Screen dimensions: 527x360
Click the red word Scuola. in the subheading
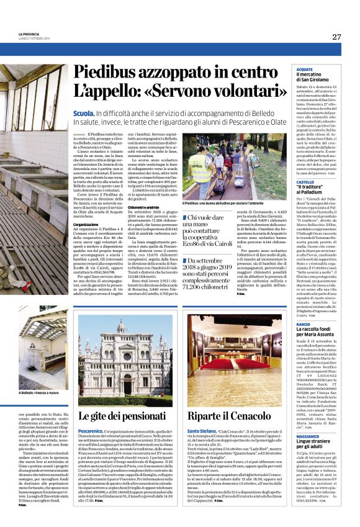point(83,112)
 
